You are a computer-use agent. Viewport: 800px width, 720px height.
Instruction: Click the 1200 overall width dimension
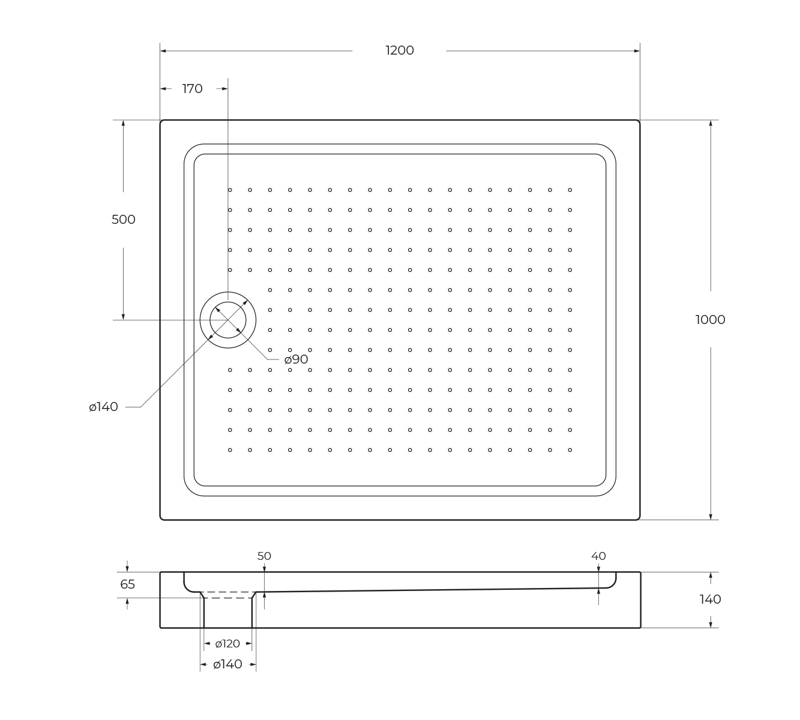(400, 50)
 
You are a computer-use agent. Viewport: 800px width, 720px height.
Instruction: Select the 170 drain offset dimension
(192, 89)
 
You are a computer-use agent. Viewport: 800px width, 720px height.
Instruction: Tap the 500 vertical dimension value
(123, 220)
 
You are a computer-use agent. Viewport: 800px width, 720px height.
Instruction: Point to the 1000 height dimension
(710, 320)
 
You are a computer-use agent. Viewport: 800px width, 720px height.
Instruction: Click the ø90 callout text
(296, 360)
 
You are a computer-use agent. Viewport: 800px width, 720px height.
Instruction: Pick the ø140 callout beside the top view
(103, 407)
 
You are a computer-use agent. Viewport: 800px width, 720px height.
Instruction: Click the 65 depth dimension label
(128, 584)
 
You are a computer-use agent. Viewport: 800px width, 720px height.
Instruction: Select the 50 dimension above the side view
(264, 556)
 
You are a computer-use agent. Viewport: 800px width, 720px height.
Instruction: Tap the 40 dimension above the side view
(598, 556)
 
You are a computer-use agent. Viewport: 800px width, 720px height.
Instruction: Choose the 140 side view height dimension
(710, 599)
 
